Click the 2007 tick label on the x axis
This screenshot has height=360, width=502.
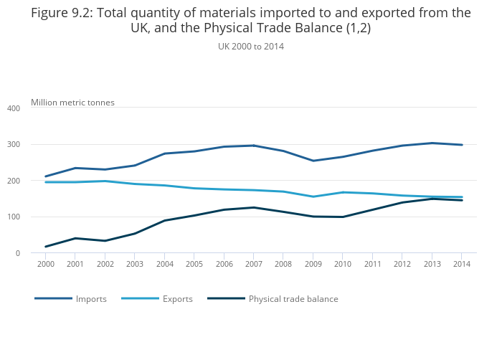[253, 264]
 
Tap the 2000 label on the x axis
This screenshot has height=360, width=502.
[45, 264]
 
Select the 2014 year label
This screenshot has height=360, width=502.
[461, 264]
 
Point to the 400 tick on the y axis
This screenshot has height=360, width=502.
[13, 108]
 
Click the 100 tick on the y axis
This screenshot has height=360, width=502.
[13, 217]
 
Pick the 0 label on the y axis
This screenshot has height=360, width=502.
[16, 253]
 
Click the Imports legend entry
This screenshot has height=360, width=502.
[91, 299]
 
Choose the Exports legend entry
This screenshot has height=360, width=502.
[177, 299]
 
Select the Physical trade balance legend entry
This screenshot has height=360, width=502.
[293, 299]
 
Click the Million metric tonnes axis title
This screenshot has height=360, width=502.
[72, 103]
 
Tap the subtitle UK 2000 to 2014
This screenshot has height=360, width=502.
[251, 46]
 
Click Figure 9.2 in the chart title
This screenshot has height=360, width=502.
[65, 13]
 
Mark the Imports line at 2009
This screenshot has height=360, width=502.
[313, 161]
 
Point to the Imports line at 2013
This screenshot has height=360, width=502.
[432, 143]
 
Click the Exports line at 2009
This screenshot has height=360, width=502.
[313, 196]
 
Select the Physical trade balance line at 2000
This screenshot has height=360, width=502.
[46, 247]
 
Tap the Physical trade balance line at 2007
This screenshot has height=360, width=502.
[253, 207]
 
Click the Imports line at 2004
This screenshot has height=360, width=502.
[164, 153]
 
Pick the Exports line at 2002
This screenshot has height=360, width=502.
[105, 181]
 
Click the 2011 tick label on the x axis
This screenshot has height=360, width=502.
[372, 264]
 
